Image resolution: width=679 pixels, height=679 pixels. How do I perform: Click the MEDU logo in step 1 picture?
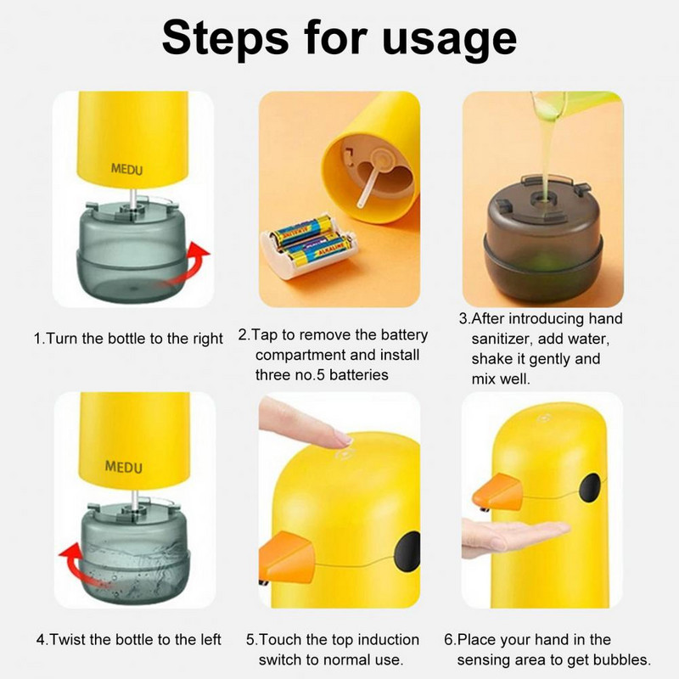click(126, 169)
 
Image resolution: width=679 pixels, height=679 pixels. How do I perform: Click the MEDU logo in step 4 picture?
click(124, 467)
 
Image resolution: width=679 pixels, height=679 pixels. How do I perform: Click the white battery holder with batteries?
click(308, 248)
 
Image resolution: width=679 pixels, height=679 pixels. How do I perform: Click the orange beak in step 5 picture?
click(287, 558)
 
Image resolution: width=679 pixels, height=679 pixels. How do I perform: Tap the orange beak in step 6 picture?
click(498, 492)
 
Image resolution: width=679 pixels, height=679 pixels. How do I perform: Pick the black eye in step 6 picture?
click(590, 487)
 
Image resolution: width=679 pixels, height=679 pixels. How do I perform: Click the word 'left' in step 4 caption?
click(210, 640)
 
